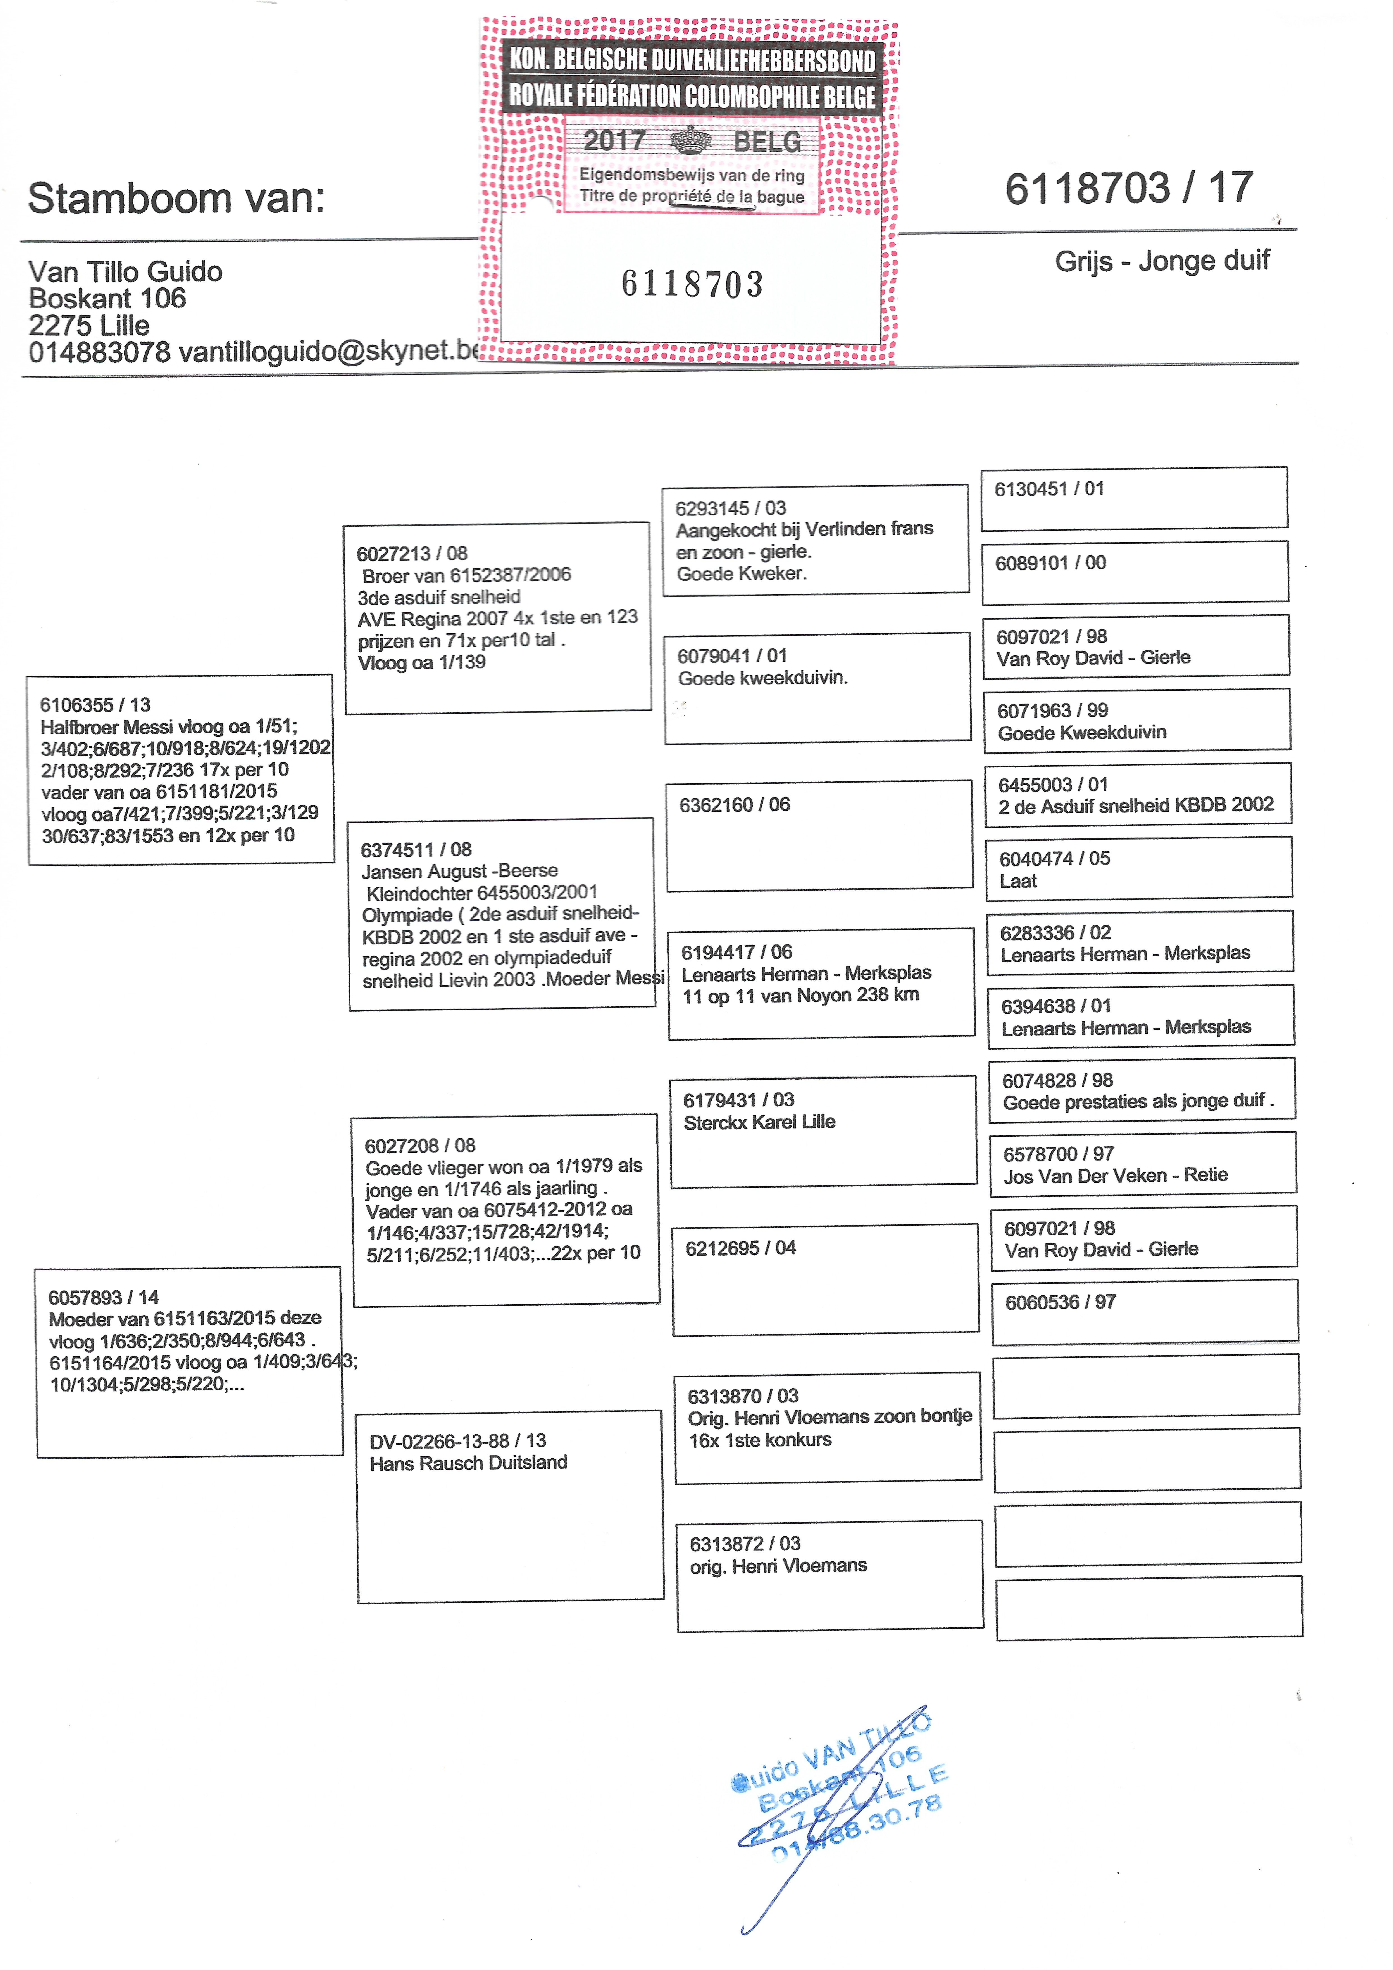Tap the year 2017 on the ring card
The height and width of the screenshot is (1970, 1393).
point(614,140)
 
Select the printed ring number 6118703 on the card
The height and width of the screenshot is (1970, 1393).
point(692,284)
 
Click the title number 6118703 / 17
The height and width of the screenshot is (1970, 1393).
point(1129,188)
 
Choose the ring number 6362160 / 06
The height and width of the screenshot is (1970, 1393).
point(734,805)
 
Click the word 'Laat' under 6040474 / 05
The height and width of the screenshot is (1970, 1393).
point(1018,881)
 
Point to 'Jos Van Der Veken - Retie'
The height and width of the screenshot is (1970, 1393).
point(1115,1175)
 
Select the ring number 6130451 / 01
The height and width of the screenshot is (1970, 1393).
point(1049,489)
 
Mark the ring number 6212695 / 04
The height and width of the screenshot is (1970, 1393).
point(740,1248)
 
